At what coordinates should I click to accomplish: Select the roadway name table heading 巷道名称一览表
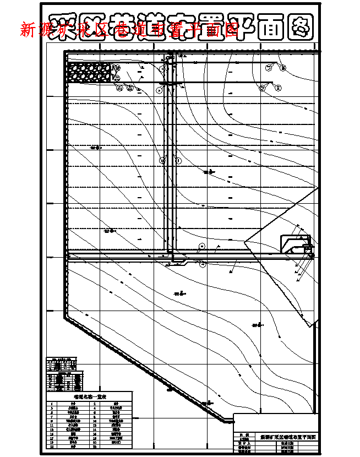point(90,396)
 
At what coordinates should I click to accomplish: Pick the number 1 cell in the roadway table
point(52,404)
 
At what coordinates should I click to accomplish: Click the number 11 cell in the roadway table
point(52,426)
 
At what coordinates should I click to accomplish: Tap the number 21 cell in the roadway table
point(52,447)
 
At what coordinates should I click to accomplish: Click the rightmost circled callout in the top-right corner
point(283,68)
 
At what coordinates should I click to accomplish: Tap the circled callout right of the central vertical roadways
point(178,160)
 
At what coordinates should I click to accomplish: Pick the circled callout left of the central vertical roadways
point(162,160)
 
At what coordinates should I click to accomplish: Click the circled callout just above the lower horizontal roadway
point(202,246)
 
